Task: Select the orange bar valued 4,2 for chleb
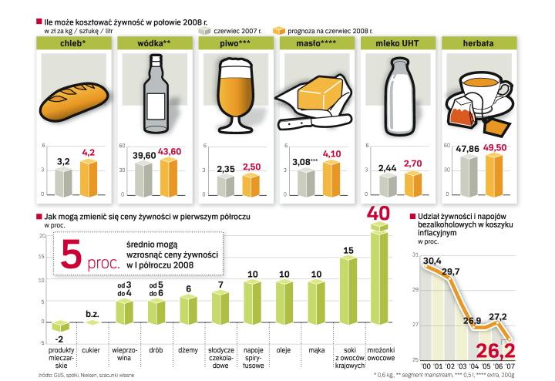tap(89, 177)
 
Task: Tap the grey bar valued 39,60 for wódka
tap(143, 179)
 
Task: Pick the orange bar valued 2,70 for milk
tap(413, 184)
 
